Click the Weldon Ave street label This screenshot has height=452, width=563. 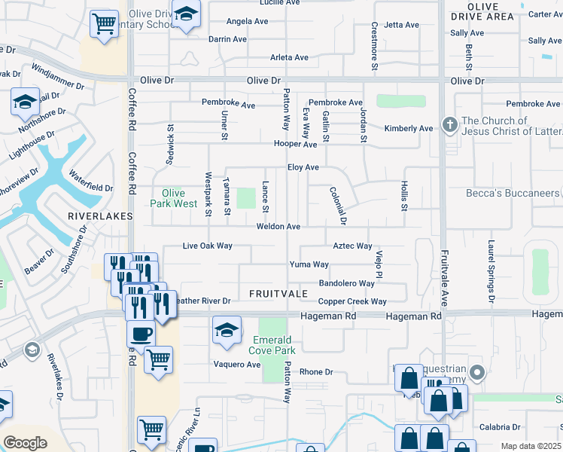tap(278, 227)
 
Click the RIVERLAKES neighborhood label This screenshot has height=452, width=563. tap(100, 216)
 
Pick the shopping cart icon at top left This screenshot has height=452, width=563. tap(103, 23)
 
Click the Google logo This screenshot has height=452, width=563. tap(25, 443)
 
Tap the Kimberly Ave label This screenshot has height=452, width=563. tap(409, 129)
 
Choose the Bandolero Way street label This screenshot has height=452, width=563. tap(346, 284)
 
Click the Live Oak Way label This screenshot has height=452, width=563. tap(208, 246)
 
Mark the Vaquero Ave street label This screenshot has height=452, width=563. tap(238, 365)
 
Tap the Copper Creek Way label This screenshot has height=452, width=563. tap(352, 302)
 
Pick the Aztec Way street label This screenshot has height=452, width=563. tap(353, 246)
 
